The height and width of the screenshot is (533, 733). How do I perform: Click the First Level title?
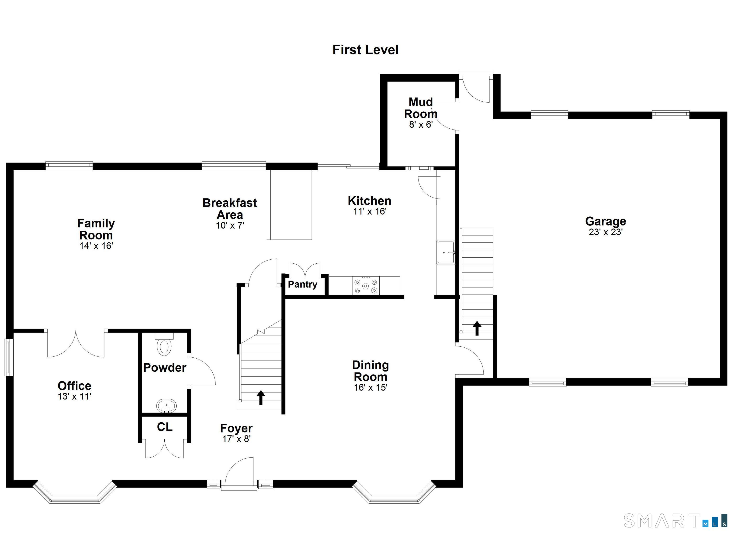coord(365,50)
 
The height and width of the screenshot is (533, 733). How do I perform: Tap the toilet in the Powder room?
coord(164,345)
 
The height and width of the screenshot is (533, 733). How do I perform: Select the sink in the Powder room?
coord(167,406)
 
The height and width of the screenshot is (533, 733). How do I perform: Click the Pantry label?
coord(303,284)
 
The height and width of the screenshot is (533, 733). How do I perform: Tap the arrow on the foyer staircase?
coord(261,397)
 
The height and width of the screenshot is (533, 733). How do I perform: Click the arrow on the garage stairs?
coord(477,328)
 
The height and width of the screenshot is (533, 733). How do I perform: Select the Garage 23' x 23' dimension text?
coord(605,232)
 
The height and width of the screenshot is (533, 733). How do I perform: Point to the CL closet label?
coord(164,427)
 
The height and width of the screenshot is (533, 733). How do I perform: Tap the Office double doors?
coord(76,344)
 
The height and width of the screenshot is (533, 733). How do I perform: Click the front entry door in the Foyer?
coord(239,472)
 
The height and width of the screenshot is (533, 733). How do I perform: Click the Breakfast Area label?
coord(230,209)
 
